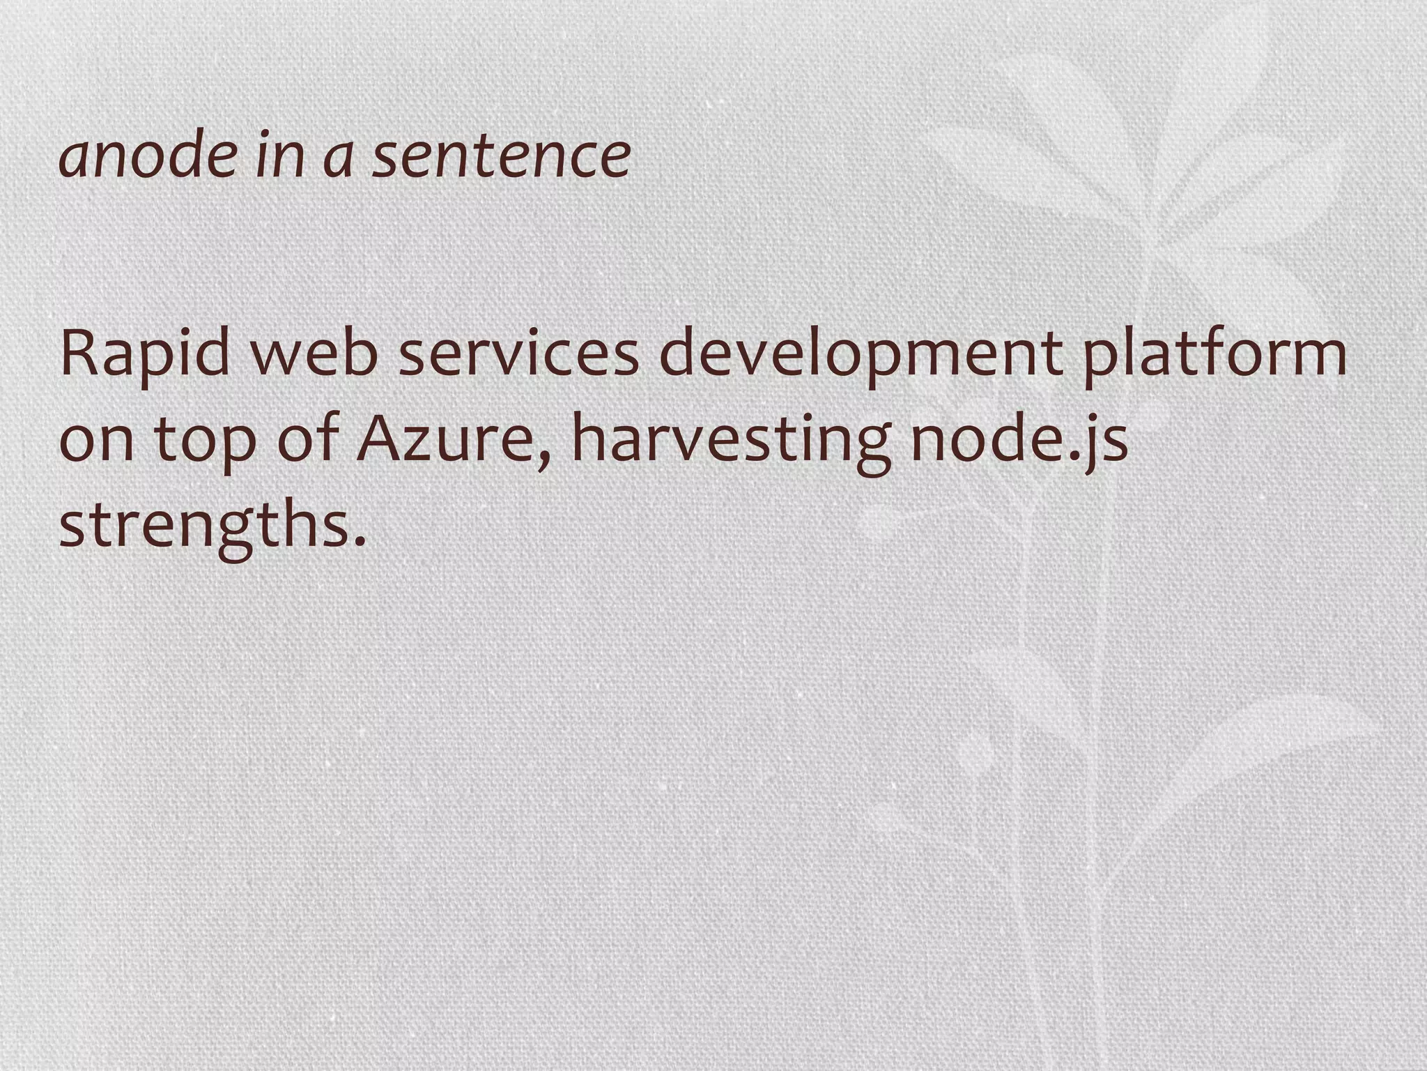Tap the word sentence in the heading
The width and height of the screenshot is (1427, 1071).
[x=501, y=155]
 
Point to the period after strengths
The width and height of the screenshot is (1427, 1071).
[x=360, y=541]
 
